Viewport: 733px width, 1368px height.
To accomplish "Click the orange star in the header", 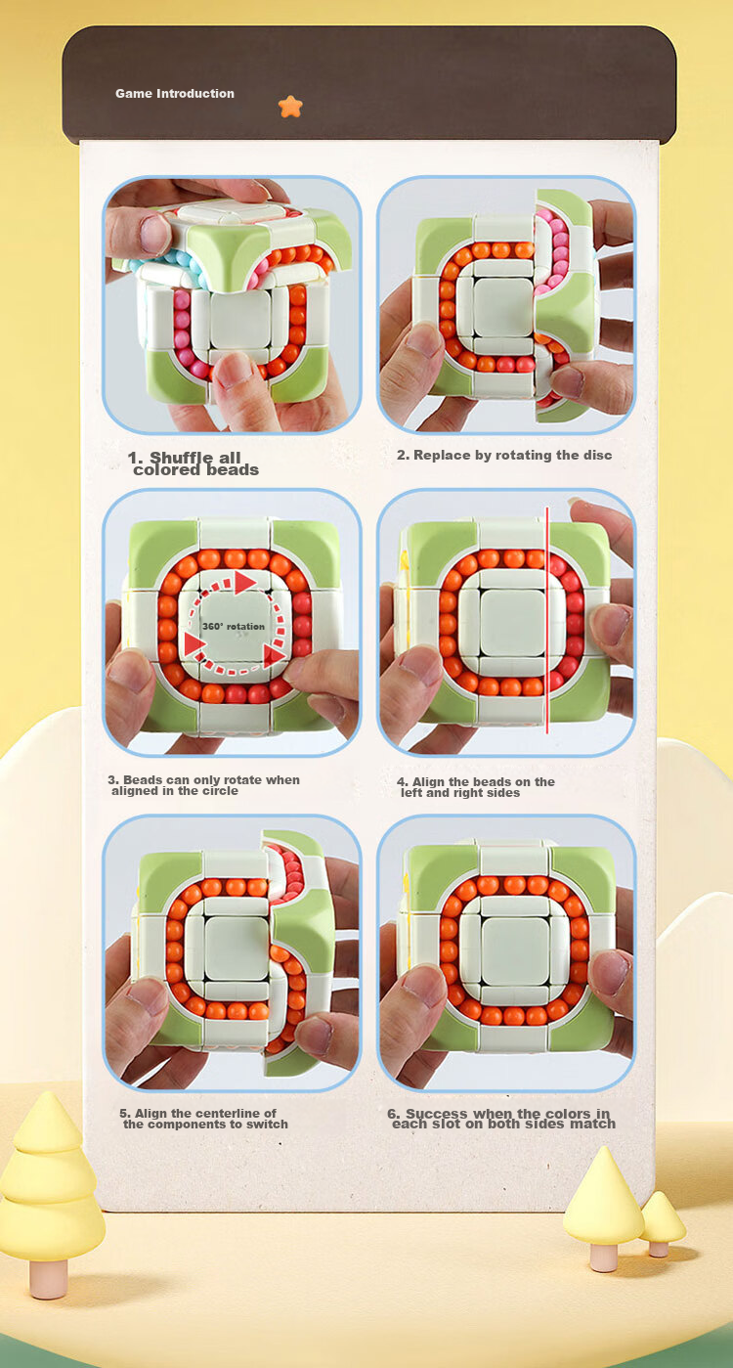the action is click(290, 107).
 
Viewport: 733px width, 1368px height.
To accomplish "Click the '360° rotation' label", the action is click(234, 627).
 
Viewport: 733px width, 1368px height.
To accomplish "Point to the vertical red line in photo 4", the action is click(547, 620).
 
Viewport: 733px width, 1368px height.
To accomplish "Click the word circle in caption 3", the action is click(220, 791).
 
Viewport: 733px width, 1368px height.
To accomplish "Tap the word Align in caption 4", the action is click(429, 781).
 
